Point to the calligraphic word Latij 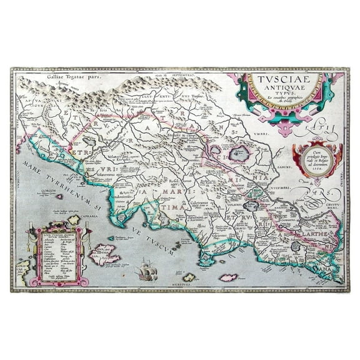click(x=316, y=130)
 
